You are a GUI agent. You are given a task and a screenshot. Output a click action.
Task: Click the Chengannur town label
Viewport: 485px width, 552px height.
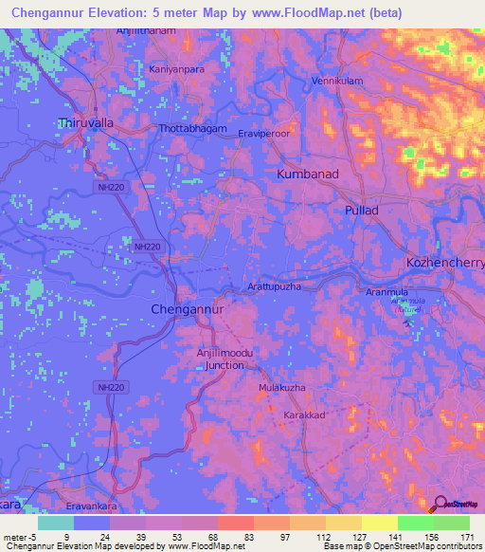pyautogui.click(x=188, y=309)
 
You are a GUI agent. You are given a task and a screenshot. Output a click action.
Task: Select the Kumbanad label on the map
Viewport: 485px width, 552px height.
pyautogui.click(x=308, y=175)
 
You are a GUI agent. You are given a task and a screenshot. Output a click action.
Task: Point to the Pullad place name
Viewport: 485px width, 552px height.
pyautogui.click(x=362, y=210)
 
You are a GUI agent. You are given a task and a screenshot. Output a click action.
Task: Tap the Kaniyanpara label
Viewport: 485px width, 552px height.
pyautogui.click(x=177, y=69)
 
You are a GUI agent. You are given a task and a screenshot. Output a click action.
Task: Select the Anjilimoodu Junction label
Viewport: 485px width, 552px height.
pyautogui.click(x=220, y=358)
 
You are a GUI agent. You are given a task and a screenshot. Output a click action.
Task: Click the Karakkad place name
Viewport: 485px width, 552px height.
pyautogui.click(x=306, y=416)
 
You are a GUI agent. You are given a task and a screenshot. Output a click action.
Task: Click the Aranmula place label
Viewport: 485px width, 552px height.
pyautogui.click(x=387, y=293)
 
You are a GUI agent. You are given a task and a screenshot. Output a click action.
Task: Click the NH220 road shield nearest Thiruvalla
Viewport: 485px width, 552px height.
pyautogui.click(x=111, y=188)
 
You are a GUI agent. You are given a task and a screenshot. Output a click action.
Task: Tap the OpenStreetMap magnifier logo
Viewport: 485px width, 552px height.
pyautogui.click(x=439, y=505)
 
